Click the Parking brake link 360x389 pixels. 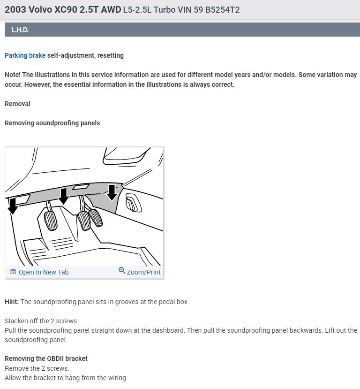point(25,55)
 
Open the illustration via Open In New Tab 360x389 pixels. point(43,272)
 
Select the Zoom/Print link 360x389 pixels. point(143,272)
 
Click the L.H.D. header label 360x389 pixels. point(20,30)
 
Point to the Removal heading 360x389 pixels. point(17,103)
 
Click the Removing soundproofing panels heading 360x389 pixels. point(52,123)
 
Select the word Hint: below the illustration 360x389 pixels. point(12,302)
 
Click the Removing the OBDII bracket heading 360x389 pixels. point(46,358)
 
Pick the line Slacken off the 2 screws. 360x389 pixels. point(41,321)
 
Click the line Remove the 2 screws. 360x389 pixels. point(37,368)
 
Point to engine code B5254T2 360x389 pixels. point(221,10)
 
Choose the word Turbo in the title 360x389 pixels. point(170,10)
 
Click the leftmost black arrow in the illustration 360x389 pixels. point(13,205)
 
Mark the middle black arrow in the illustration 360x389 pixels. point(64,196)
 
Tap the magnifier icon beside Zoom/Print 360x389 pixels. point(122,271)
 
